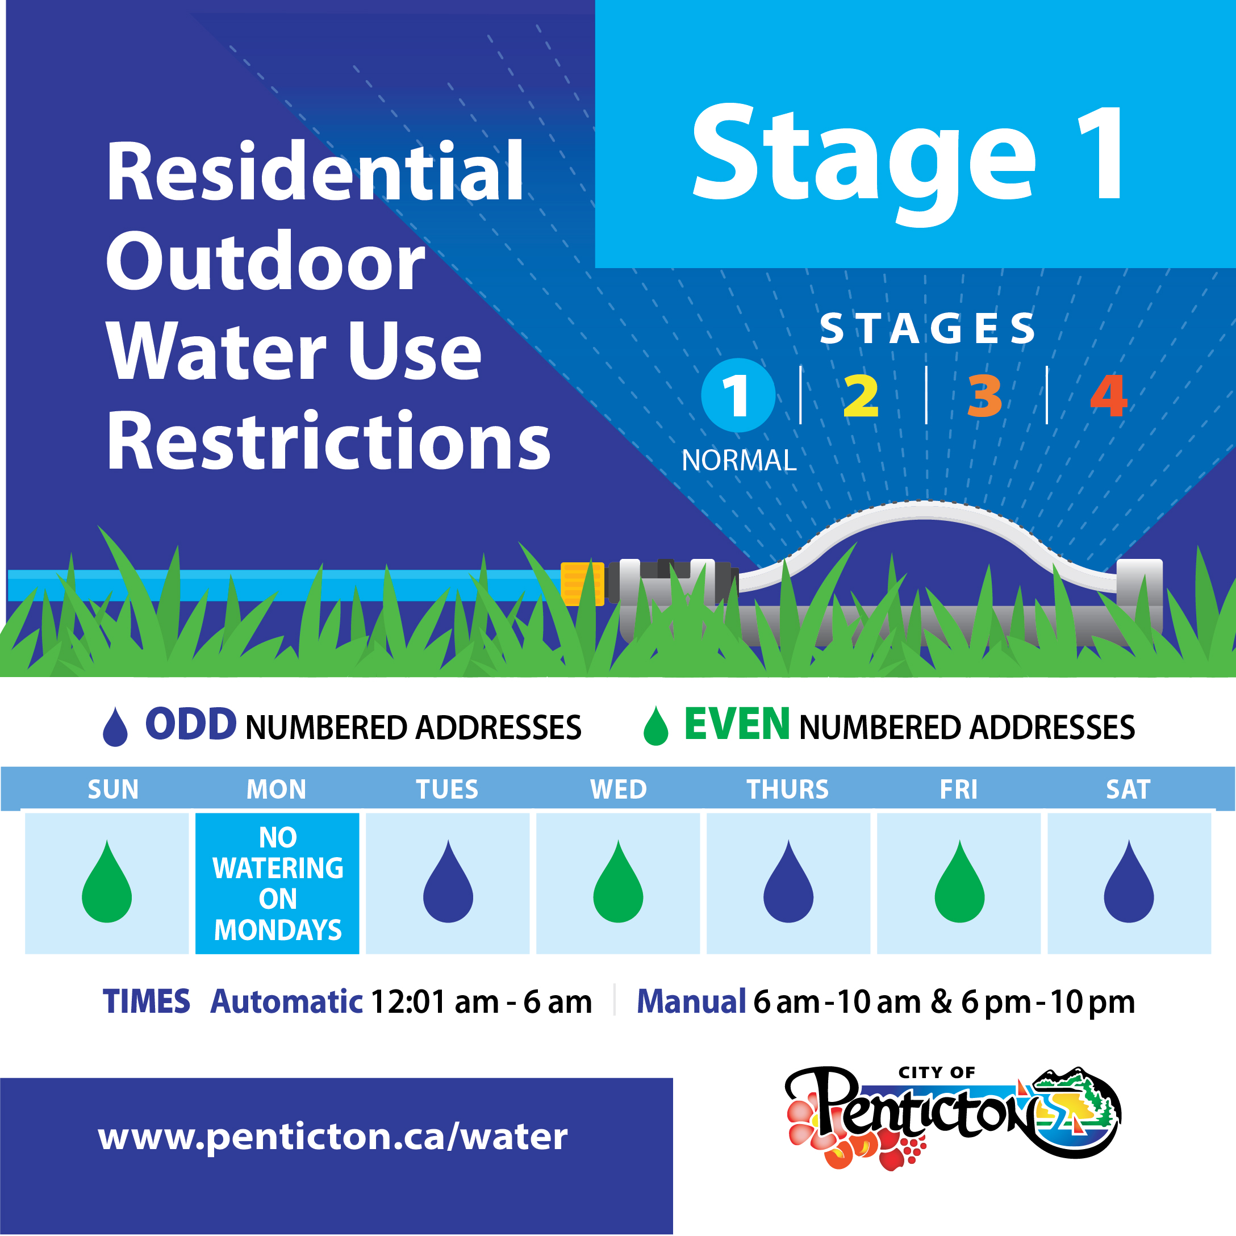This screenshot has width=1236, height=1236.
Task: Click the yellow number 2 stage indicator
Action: (x=861, y=395)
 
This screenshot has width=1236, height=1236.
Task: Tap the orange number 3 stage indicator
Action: (x=984, y=395)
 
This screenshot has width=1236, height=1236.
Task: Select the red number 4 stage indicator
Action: (x=1109, y=395)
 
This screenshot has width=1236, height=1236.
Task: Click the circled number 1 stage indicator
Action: (x=738, y=395)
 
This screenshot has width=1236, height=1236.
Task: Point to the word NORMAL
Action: (x=739, y=461)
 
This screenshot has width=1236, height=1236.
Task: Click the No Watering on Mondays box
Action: (x=277, y=883)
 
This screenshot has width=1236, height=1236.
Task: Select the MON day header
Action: (x=277, y=790)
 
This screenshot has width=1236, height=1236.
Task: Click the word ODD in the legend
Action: (x=191, y=724)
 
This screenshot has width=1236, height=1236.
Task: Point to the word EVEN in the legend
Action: (x=737, y=724)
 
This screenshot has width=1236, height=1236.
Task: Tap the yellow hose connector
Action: (x=582, y=583)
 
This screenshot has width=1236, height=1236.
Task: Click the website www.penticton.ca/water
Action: (x=333, y=1136)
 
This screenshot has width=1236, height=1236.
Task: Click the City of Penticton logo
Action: (x=953, y=1117)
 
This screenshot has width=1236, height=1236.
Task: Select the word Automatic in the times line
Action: (x=287, y=1002)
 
